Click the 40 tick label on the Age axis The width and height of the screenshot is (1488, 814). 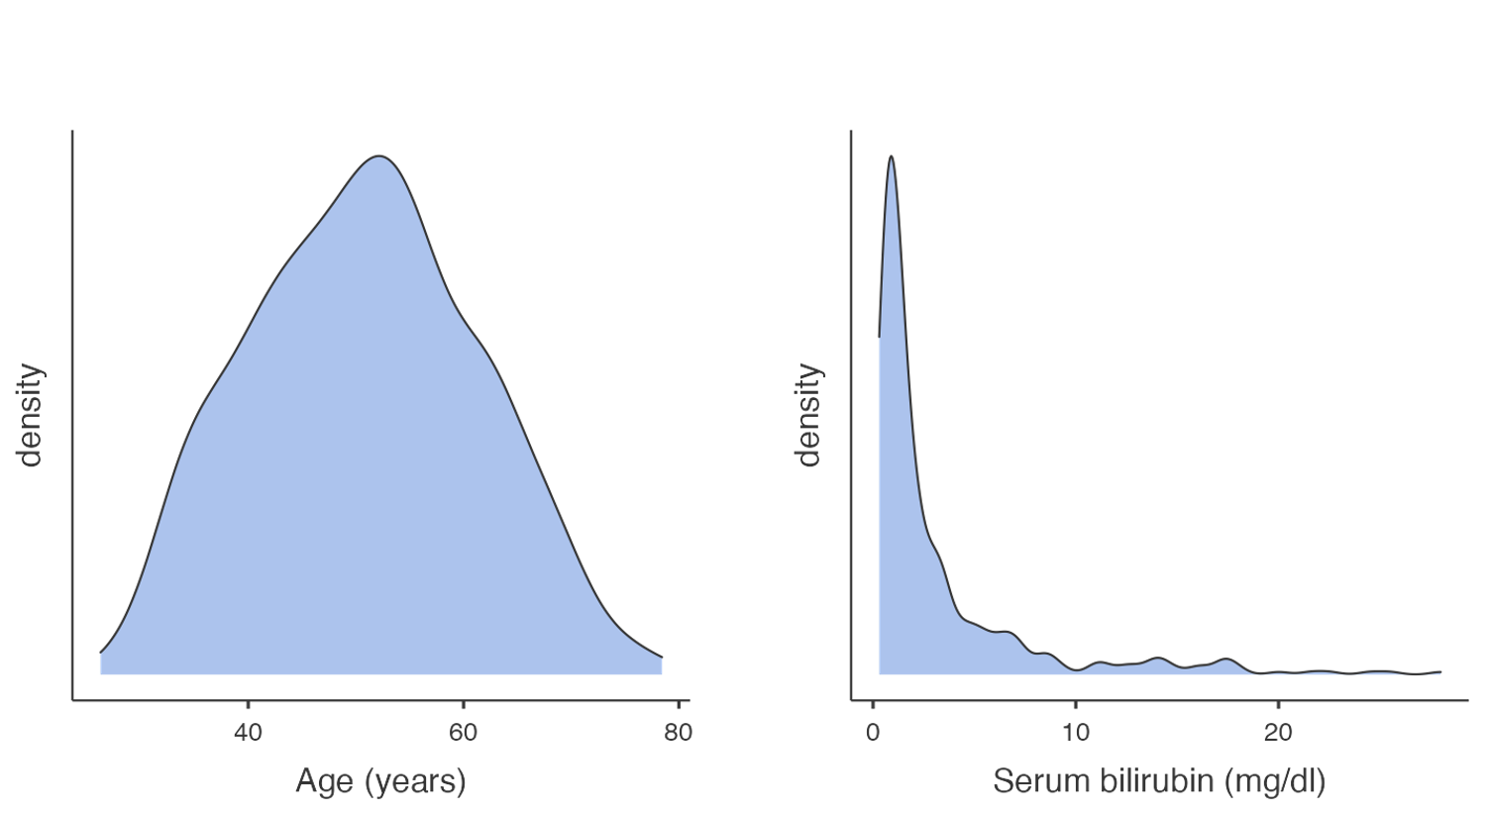coord(248,733)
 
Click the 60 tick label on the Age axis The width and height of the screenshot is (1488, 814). coord(463,733)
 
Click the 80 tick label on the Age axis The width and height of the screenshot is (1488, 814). coord(679,733)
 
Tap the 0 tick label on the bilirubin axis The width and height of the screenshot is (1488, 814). coord(873,733)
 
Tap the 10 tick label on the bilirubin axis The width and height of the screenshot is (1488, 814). coord(1075,733)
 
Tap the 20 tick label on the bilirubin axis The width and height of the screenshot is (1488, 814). coord(1278,733)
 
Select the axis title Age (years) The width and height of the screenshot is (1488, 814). coord(380,781)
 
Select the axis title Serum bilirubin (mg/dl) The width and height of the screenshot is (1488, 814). coord(1158,781)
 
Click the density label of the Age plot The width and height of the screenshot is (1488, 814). coord(31,414)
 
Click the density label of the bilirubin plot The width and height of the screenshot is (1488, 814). coord(809,414)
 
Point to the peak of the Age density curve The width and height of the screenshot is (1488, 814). coord(378,156)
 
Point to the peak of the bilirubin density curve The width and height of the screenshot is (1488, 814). coord(892,156)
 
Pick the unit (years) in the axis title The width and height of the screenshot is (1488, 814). coord(416,781)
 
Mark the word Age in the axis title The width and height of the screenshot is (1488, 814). coord(325,781)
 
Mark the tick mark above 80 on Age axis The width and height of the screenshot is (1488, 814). coord(679,705)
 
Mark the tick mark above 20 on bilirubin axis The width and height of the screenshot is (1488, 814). coord(1278,705)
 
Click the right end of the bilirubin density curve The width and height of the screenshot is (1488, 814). coord(1440,671)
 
